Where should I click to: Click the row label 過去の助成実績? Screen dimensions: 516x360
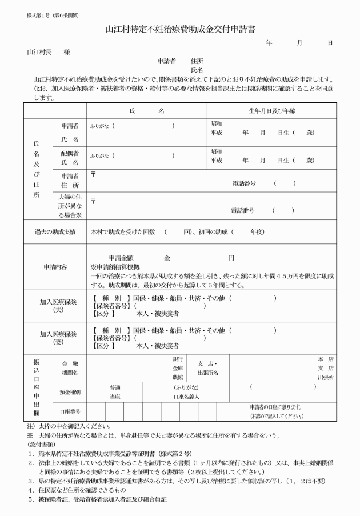pos(54,232)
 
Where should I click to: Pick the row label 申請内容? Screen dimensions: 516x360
pos(55,267)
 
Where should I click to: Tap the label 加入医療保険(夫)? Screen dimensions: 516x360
pos(54,305)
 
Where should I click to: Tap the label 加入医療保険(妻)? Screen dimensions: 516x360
pos(54,338)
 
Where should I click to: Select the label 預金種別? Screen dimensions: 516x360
pos(70,392)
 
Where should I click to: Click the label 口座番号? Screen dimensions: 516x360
pos(70,411)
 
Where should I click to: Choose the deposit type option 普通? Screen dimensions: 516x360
pos(115,387)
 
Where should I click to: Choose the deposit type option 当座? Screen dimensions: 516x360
pos(115,396)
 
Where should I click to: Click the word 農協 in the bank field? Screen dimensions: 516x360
pos(178,378)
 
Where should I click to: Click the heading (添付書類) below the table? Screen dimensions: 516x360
pos(41,443)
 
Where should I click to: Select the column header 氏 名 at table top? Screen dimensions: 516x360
pos(147,110)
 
